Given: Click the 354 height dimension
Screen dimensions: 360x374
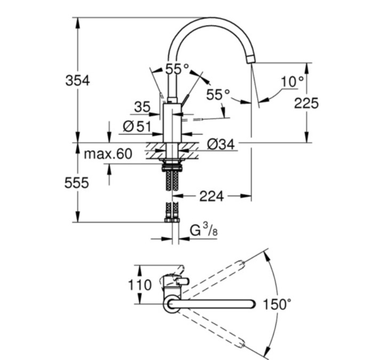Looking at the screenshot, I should pyautogui.click(x=77, y=81).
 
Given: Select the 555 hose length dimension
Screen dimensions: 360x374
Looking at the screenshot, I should pyautogui.click(x=77, y=183).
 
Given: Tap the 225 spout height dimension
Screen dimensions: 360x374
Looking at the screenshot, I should pyautogui.click(x=306, y=103).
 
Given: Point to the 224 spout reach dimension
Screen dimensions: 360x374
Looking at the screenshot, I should pyautogui.click(x=212, y=197).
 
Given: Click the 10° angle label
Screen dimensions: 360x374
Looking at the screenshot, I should pyautogui.click(x=292, y=82).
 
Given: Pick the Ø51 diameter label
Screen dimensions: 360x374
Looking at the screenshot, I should pyautogui.click(x=137, y=127).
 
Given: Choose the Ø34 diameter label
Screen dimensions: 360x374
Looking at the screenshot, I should pyautogui.click(x=219, y=144).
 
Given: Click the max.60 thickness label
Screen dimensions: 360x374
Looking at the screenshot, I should pyautogui.click(x=108, y=154).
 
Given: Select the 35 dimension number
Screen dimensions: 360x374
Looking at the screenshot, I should pyautogui.click(x=142, y=107).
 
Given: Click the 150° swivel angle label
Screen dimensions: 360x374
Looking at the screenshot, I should pyautogui.click(x=277, y=305).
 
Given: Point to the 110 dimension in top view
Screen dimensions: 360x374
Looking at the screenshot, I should pyautogui.click(x=140, y=285).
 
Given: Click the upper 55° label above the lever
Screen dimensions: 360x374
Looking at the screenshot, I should pyautogui.click(x=177, y=69).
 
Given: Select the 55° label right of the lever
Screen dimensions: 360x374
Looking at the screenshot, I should pyautogui.click(x=218, y=95).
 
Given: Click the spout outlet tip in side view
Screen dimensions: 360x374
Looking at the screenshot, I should pyautogui.click(x=251, y=60).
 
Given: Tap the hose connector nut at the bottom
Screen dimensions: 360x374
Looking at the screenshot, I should pyautogui.click(x=172, y=219).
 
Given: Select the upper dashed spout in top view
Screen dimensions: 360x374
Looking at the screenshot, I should pyautogui.click(x=213, y=278).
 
